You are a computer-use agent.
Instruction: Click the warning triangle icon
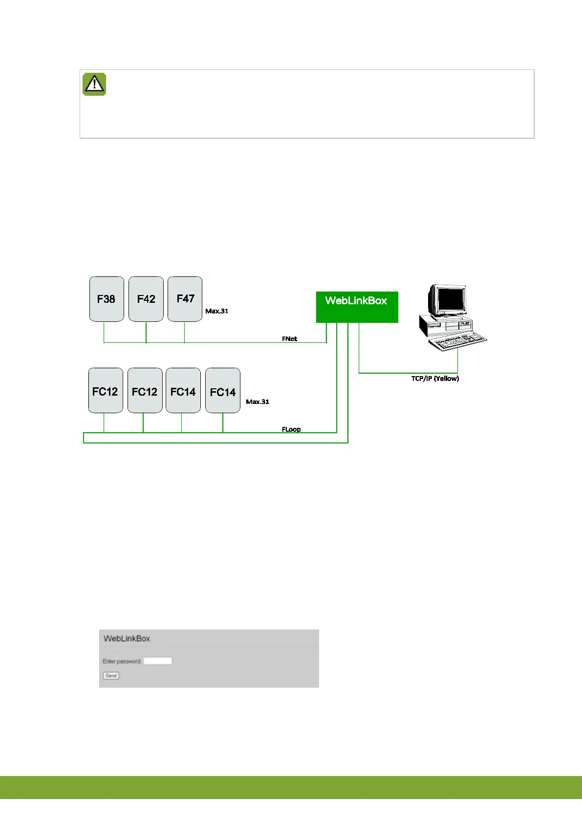coord(94,84)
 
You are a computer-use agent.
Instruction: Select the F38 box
coord(107,299)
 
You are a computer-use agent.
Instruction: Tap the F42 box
coord(146,299)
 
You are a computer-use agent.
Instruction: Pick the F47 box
coord(185,299)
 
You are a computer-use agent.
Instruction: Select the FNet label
coord(289,338)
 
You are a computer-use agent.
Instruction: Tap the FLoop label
coord(291,429)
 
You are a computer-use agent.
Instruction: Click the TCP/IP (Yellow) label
coord(435,379)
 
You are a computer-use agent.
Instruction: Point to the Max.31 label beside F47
coord(216,311)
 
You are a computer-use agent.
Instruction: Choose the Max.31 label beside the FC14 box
coord(258,402)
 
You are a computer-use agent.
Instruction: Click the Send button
coord(111,675)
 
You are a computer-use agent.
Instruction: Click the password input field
coord(158,661)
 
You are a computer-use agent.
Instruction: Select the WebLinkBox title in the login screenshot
coord(127,638)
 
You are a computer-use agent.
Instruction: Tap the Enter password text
coord(122,661)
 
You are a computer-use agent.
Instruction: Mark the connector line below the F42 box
coord(146,332)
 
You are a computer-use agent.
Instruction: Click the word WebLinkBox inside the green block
coord(356,301)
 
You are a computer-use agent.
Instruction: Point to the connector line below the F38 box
coord(104,332)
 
